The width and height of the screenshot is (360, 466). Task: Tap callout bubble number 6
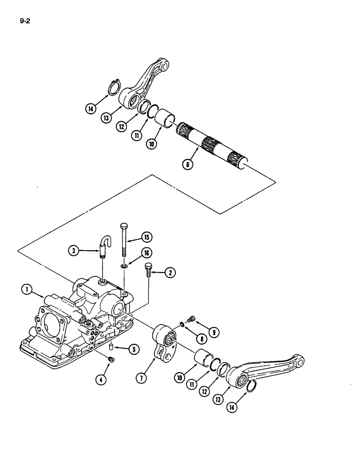tap(187, 164)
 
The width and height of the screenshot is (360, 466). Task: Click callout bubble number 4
tap(102, 379)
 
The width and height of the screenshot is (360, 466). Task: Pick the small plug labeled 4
tap(111, 359)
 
